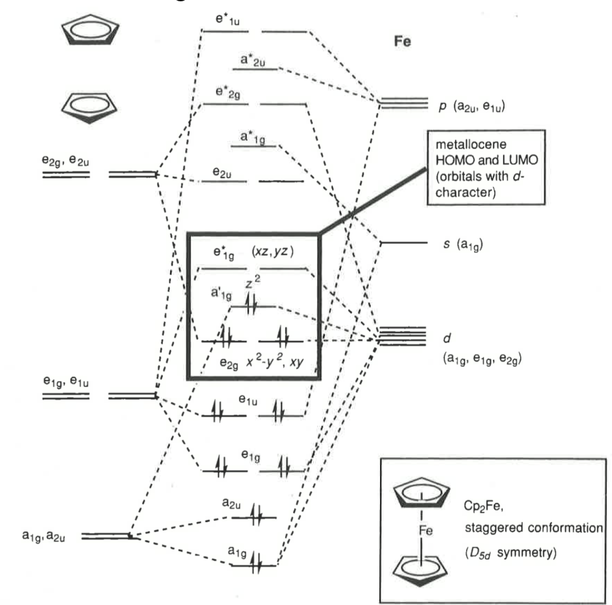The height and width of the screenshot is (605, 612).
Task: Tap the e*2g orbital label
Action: [228, 93]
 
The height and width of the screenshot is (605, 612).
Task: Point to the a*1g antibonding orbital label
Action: [253, 138]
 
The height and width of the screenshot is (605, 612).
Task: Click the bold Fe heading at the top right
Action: [402, 41]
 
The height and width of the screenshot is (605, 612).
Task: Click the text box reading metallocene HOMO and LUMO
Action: [486, 168]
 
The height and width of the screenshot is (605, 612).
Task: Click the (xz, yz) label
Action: [272, 252]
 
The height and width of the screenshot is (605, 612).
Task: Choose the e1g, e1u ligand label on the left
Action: [65, 382]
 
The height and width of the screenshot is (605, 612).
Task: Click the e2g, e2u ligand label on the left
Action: [65, 161]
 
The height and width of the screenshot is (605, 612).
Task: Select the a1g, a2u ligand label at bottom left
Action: [44, 536]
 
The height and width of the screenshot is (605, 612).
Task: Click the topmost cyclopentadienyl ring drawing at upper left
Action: [90, 32]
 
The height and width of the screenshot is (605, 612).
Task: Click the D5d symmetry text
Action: [510, 553]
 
